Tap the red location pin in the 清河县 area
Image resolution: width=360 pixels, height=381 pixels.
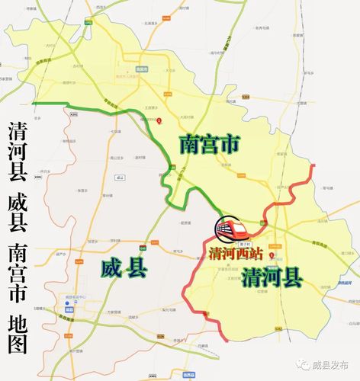pos(281,245)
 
